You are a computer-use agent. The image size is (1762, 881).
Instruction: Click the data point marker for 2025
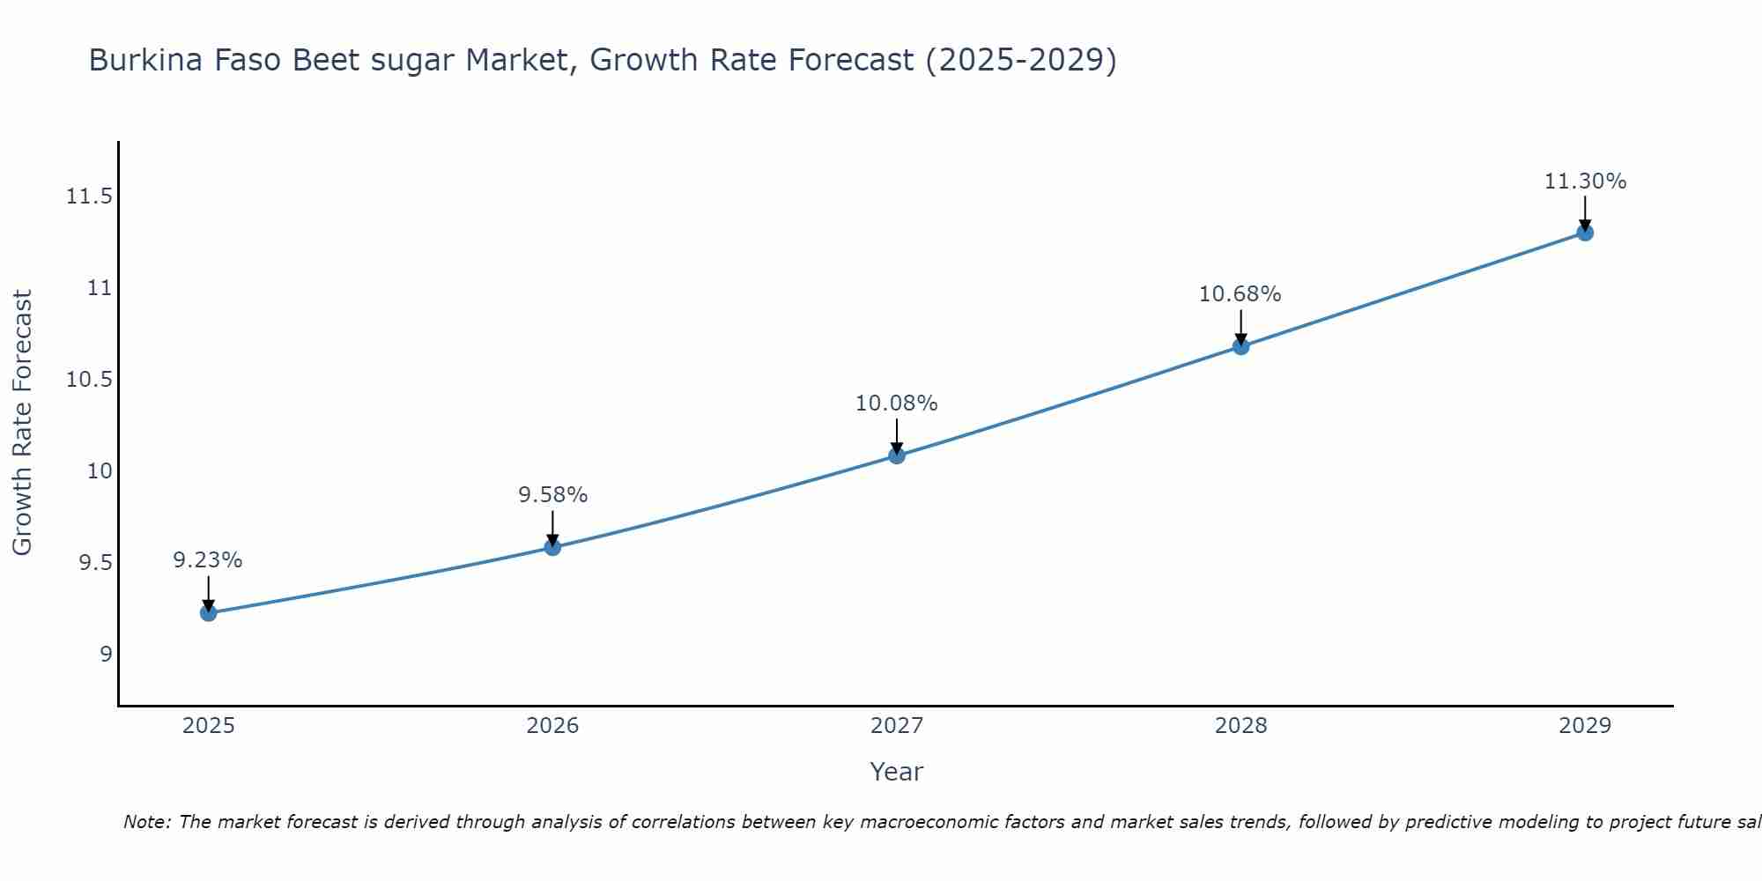[208, 612]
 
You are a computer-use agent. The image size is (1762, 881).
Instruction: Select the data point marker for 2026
[552, 547]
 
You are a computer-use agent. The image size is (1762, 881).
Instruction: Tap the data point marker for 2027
[897, 455]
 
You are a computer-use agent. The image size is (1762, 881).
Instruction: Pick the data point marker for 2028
[1240, 346]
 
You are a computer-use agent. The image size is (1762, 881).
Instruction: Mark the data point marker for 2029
[1585, 233]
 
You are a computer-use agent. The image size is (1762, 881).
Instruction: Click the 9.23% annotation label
[208, 560]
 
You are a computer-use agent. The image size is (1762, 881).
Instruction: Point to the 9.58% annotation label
[552, 495]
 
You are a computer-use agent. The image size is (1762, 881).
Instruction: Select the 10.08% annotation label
[897, 403]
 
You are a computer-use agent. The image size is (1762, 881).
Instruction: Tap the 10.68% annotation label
[1240, 294]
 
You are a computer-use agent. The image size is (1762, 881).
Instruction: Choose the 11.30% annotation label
[1585, 181]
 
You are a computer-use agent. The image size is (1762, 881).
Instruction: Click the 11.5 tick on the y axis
[90, 196]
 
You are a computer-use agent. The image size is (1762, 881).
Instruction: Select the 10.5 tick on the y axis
[90, 380]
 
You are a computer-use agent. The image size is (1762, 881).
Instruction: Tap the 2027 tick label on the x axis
[897, 726]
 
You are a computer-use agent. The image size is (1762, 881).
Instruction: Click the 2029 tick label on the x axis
[1585, 726]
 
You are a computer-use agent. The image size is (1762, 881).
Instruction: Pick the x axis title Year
[897, 772]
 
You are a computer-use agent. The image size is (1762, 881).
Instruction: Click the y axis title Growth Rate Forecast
[23, 423]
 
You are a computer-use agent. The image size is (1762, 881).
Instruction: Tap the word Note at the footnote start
[146, 822]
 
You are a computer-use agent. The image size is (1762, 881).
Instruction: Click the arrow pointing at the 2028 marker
[1240, 328]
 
